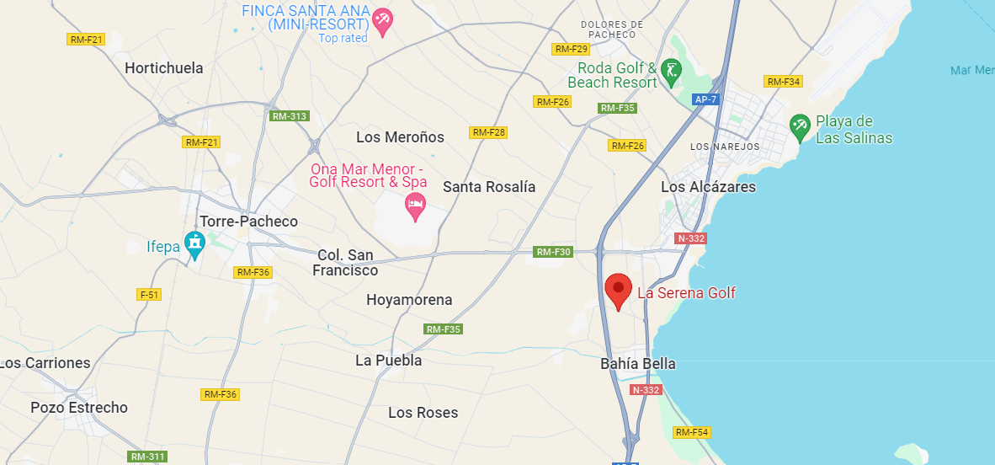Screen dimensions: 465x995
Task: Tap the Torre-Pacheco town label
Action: click(x=248, y=222)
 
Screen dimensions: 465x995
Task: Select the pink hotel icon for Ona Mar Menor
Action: click(x=414, y=205)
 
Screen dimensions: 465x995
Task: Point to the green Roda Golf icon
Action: click(x=670, y=72)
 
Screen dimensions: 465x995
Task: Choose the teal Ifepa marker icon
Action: click(x=195, y=244)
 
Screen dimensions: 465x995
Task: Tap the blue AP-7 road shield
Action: click(x=705, y=99)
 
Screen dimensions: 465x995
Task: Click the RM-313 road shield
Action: click(x=289, y=116)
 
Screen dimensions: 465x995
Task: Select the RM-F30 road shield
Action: click(x=554, y=252)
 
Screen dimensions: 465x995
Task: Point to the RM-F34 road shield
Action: click(x=783, y=82)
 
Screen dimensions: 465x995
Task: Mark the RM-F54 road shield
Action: click(x=693, y=432)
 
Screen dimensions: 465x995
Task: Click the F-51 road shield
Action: click(x=148, y=294)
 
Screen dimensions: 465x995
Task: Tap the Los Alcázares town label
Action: click(x=708, y=187)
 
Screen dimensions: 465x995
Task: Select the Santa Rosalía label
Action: click(x=489, y=187)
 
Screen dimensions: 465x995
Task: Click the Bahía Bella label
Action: click(x=638, y=364)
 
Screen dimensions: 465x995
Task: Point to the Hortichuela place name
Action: click(x=164, y=68)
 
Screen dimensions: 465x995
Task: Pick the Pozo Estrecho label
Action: click(x=79, y=408)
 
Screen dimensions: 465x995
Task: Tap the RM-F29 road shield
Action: click(x=570, y=49)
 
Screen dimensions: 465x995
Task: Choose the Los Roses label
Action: click(x=423, y=413)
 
